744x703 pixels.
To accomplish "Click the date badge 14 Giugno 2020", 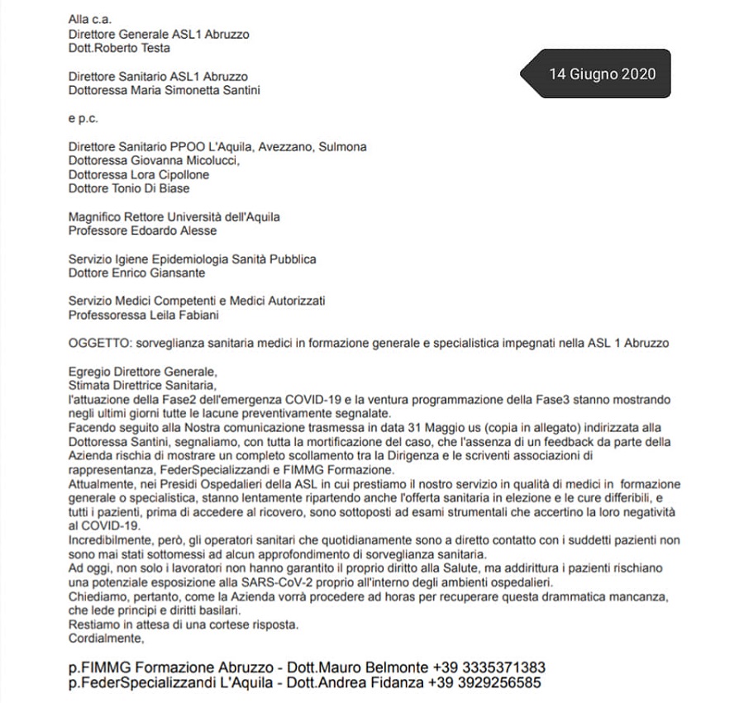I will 602,74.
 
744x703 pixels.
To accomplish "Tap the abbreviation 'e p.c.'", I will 83,119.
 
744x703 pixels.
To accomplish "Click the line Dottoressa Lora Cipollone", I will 138,175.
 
